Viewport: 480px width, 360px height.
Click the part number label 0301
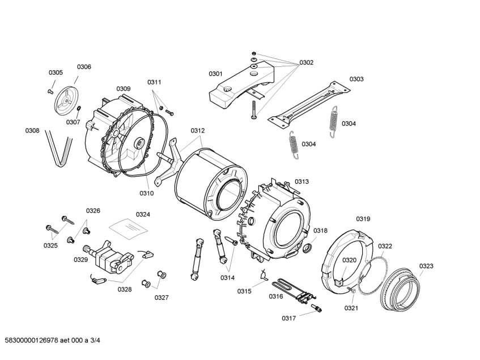[x=215, y=74]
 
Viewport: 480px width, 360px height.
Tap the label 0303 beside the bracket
[x=356, y=79]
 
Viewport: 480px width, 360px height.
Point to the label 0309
[x=124, y=88]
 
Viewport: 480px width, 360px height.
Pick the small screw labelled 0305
[x=50, y=89]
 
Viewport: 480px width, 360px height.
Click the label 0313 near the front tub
[x=301, y=181]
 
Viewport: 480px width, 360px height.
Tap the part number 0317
[x=289, y=317]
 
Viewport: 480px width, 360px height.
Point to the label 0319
[x=363, y=219]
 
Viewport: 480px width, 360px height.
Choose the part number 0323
[x=426, y=266]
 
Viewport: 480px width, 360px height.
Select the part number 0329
[x=80, y=259]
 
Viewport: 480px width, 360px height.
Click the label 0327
[x=162, y=297]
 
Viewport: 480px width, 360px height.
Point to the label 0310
[x=147, y=193]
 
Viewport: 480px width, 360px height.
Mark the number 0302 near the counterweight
[x=307, y=62]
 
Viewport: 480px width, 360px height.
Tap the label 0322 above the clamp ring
[x=385, y=246]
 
